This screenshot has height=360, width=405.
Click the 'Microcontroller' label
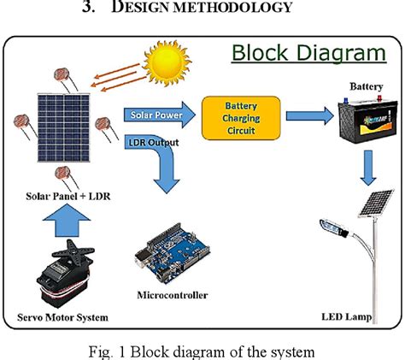(x=172, y=296)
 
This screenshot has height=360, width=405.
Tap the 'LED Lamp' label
(x=347, y=318)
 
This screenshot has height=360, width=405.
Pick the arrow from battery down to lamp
(x=367, y=168)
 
